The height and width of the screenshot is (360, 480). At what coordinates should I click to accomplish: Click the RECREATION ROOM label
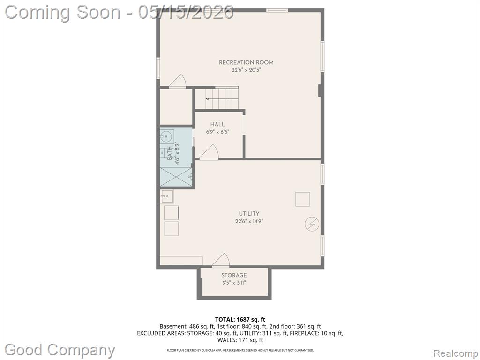pyautogui.click(x=246, y=62)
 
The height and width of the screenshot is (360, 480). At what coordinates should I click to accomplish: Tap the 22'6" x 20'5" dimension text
pyautogui.click(x=246, y=70)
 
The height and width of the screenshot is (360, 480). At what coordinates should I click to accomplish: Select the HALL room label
pyautogui.click(x=217, y=124)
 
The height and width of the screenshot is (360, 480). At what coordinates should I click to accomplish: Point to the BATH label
pyautogui.click(x=170, y=154)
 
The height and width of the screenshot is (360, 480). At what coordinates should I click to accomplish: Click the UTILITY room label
pyautogui.click(x=249, y=214)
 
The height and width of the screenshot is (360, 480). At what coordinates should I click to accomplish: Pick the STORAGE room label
pyautogui.click(x=234, y=275)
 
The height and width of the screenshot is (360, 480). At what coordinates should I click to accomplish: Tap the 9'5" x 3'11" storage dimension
pyautogui.click(x=234, y=283)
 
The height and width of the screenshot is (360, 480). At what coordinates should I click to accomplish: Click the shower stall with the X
pyautogui.click(x=176, y=177)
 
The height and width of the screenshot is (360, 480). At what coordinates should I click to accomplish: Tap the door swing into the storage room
pyautogui.click(x=221, y=260)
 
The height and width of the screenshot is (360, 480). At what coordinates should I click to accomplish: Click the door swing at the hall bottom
pyautogui.click(x=209, y=152)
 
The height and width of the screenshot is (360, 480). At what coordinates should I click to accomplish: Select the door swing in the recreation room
pyautogui.click(x=178, y=82)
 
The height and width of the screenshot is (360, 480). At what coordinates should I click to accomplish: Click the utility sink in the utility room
pyautogui.click(x=167, y=196)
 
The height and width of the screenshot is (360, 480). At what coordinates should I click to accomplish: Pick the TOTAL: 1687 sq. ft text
pyautogui.click(x=240, y=320)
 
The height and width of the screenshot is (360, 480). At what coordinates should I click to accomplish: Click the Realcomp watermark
pyautogui.click(x=456, y=353)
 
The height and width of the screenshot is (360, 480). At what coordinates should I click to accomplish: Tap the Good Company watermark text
pyautogui.click(x=60, y=350)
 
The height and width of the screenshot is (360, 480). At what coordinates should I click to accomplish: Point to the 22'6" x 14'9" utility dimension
pyautogui.click(x=249, y=221)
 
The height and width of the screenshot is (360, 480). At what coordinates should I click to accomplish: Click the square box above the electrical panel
pyautogui.click(x=303, y=199)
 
